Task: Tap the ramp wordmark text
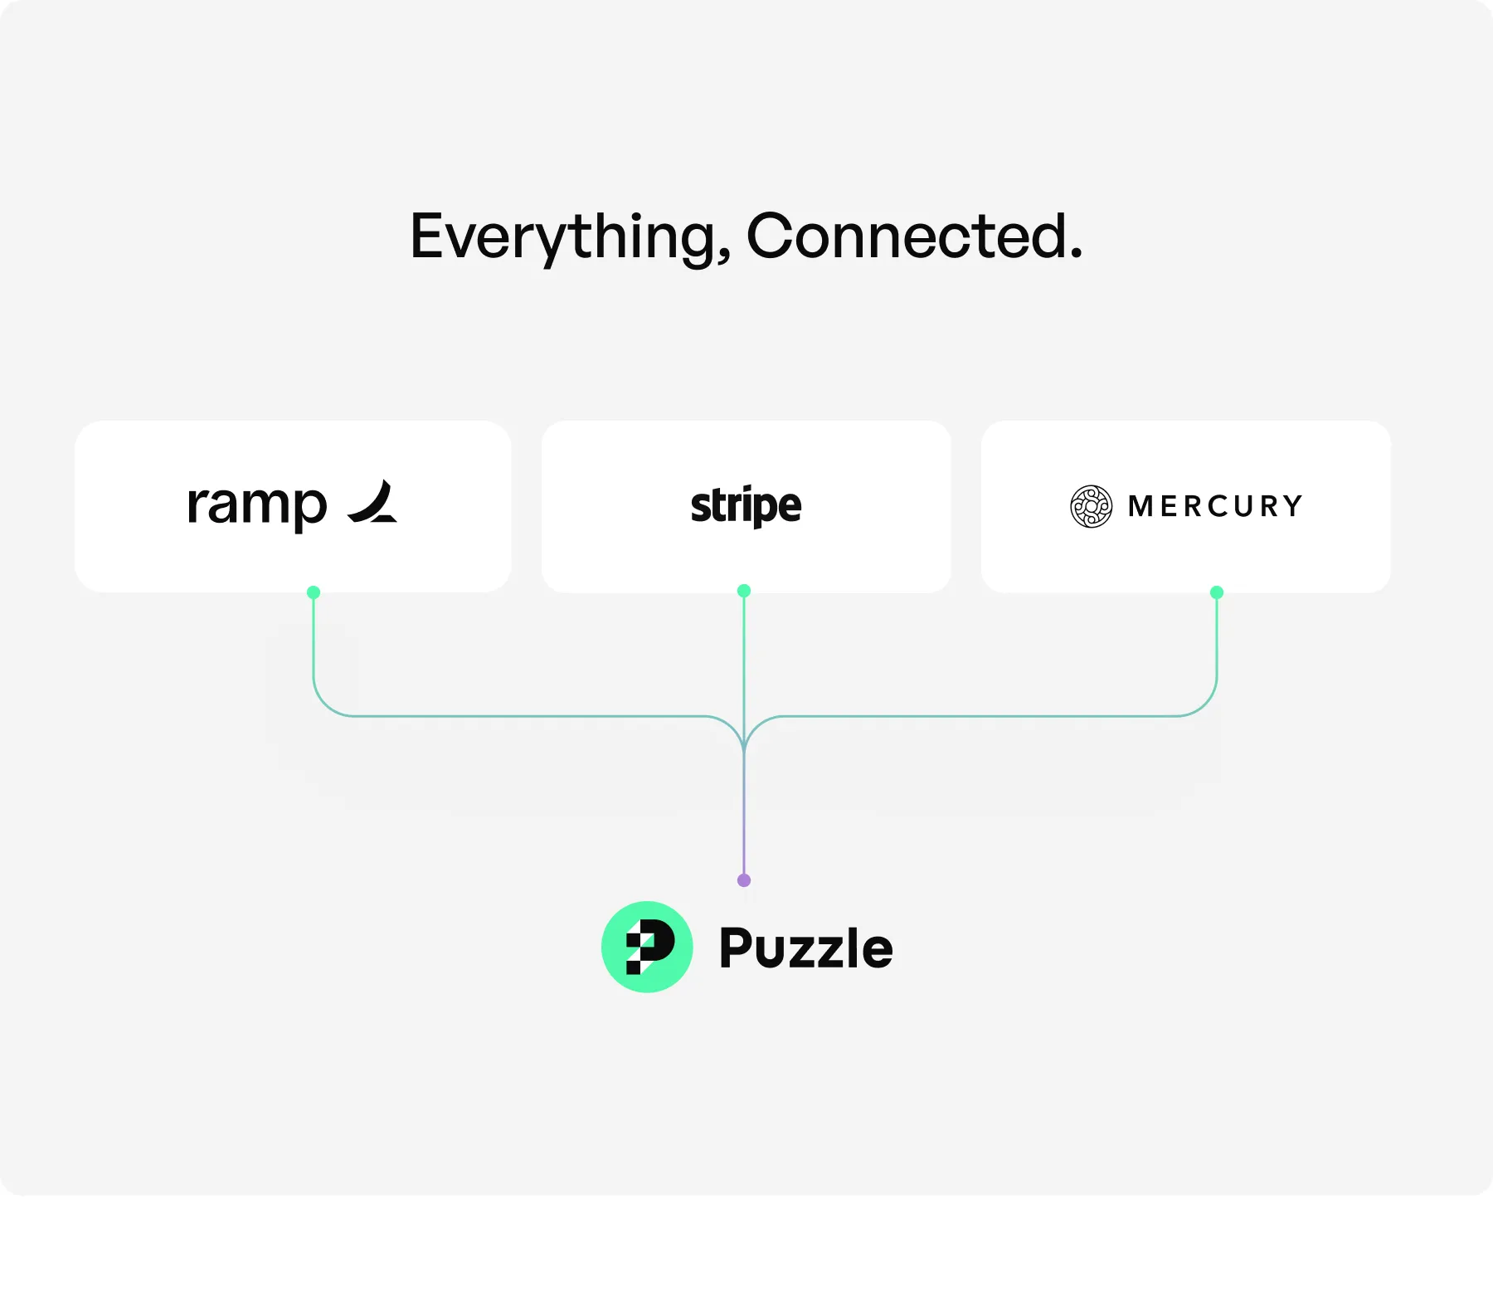click(x=257, y=504)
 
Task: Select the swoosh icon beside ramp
click(x=372, y=502)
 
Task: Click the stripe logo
click(x=746, y=506)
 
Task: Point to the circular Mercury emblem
click(x=1091, y=506)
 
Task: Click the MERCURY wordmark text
click(x=1216, y=506)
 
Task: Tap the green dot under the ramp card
click(x=314, y=592)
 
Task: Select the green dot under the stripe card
click(x=744, y=591)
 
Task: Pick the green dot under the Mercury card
click(x=1217, y=592)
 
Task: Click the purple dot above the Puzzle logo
click(x=744, y=880)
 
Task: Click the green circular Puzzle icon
click(x=647, y=947)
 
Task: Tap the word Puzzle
click(x=805, y=948)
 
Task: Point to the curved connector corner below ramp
click(x=325, y=704)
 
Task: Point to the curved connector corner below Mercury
click(x=1205, y=704)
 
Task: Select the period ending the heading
click(x=1076, y=254)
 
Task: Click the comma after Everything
click(x=724, y=257)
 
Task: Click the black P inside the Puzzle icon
click(x=650, y=947)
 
